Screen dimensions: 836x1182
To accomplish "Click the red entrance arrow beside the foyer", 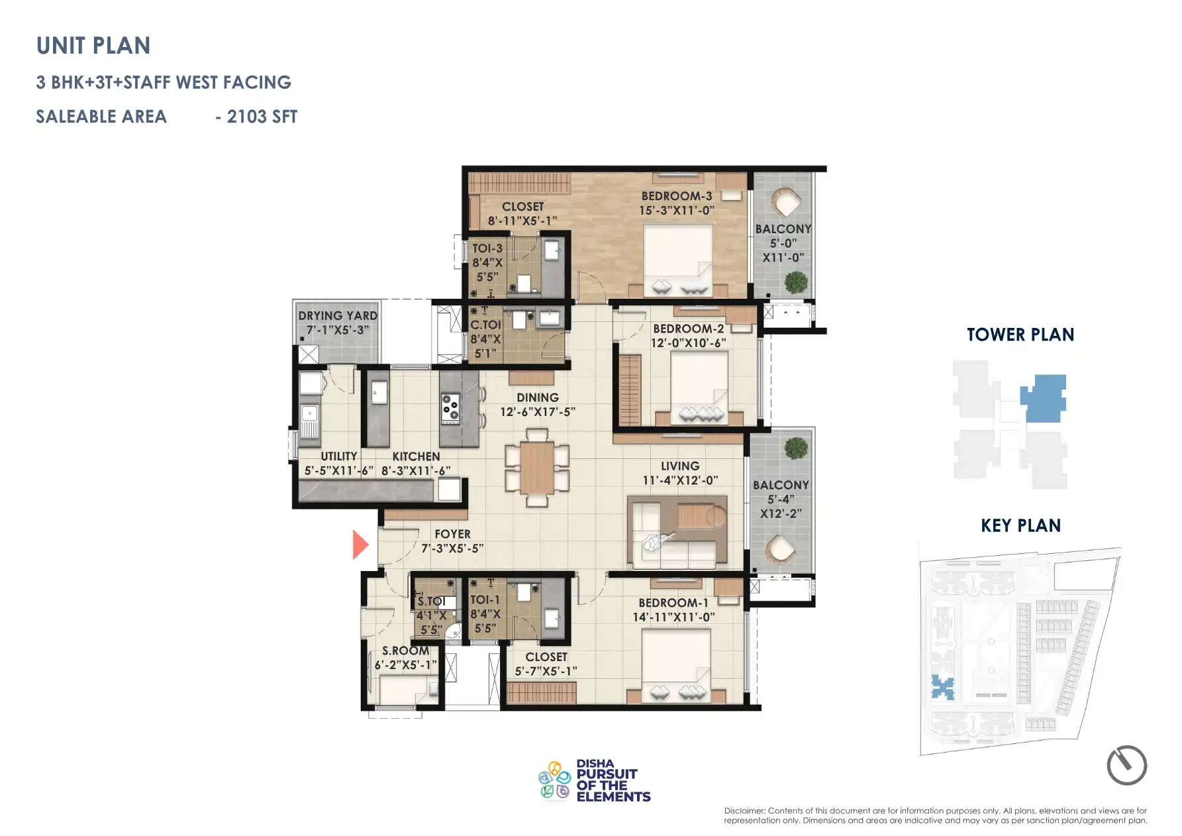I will tap(360, 545).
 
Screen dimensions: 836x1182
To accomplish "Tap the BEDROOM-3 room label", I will tap(676, 196).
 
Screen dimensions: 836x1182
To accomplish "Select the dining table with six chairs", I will tap(537, 467).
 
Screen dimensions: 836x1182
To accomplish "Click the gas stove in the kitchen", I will tap(450, 409).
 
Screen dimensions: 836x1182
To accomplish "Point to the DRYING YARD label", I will tap(337, 316).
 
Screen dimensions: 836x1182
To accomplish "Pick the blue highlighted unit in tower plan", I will tap(1044, 397).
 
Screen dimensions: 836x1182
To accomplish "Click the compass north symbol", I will tap(1126, 765).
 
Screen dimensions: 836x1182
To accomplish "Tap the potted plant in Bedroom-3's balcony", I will tap(796, 282).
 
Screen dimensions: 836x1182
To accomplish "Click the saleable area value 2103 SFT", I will tap(262, 117).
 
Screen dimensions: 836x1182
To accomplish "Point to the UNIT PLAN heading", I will tap(93, 46).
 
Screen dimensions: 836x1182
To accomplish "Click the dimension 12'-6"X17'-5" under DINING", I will tap(537, 412).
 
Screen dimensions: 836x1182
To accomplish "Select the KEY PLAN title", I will tap(1020, 526).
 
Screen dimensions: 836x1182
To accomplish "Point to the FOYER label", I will tap(452, 534).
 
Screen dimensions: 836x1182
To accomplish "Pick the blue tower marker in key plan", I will tap(942, 688).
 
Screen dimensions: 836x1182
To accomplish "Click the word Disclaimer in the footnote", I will tap(744, 811).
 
